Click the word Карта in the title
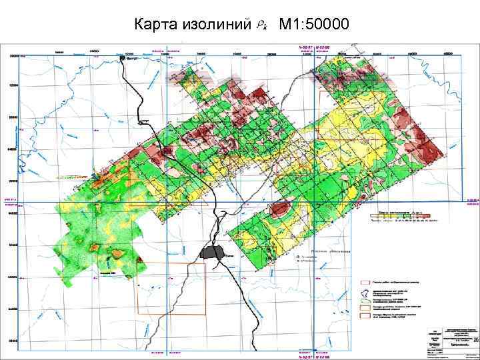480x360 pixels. pos(155,25)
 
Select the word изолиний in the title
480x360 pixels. pos(215,25)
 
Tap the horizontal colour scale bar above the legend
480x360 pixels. pos(399,216)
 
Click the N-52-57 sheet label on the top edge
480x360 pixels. pos(304,47)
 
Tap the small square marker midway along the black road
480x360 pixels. pos(141,121)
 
